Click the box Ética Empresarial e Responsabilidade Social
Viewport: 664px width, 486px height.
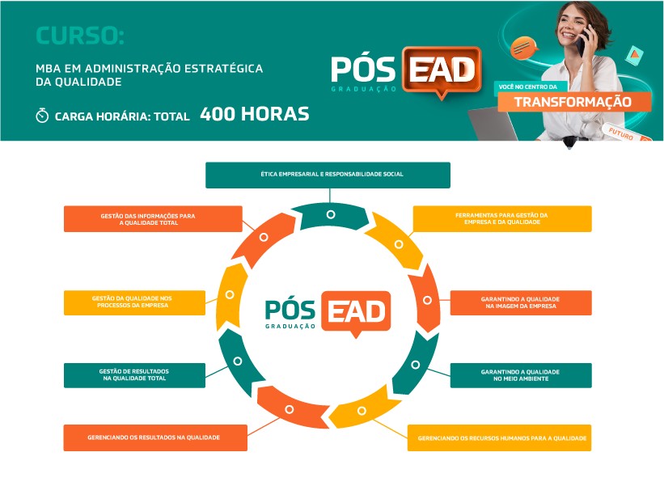328,175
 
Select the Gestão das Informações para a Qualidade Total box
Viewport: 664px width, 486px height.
153,219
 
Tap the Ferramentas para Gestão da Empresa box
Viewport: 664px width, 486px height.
502,219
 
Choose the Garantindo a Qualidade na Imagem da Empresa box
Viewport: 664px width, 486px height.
521,302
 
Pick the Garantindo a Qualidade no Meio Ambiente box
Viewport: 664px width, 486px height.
521,375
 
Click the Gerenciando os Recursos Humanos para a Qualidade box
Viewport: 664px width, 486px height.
499,437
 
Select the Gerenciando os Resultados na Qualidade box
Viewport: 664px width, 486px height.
155,437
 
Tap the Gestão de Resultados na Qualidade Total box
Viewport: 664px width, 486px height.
135,375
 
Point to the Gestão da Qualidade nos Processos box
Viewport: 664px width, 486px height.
135,302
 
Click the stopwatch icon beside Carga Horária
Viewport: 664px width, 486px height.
42,115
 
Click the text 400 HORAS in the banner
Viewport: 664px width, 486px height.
255,114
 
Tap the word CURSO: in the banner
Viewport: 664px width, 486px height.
80,36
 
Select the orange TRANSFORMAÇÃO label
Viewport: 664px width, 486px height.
573,102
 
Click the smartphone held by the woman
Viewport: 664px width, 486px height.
582,42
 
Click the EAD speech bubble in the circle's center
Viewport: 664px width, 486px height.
356,313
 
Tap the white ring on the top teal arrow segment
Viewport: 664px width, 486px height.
331,214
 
